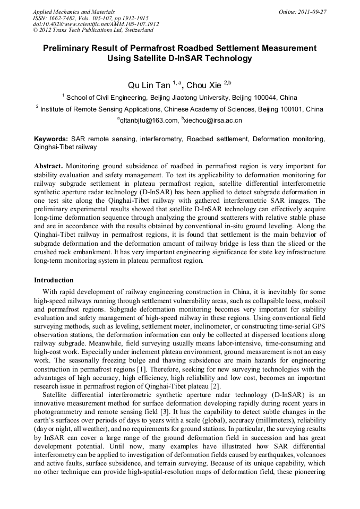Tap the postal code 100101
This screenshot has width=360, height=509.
click(277, 109)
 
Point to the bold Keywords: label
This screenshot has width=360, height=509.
click(50, 139)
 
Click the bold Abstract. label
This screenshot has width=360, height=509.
click(49, 166)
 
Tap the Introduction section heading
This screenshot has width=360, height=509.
click(54, 280)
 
